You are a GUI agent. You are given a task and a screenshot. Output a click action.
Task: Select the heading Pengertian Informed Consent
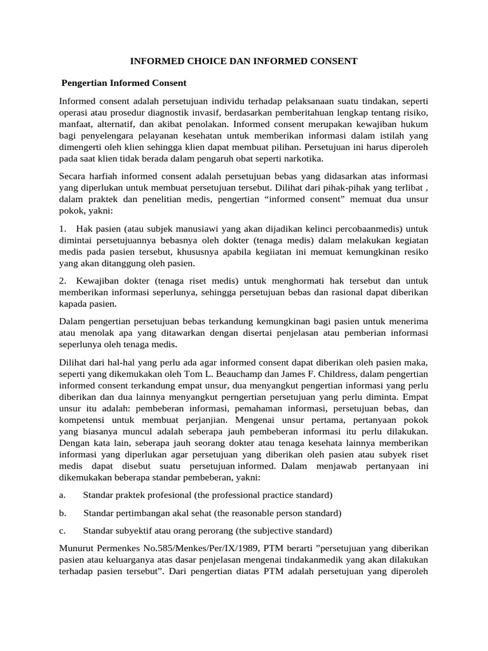[x=124, y=83]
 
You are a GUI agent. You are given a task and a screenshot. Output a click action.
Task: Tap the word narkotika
[x=302, y=158]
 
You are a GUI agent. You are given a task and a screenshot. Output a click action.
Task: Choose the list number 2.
[x=62, y=280]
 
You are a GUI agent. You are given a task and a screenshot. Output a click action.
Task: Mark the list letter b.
[x=62, y=512]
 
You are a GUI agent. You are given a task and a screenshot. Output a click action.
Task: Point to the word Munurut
[x=77, y=548]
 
